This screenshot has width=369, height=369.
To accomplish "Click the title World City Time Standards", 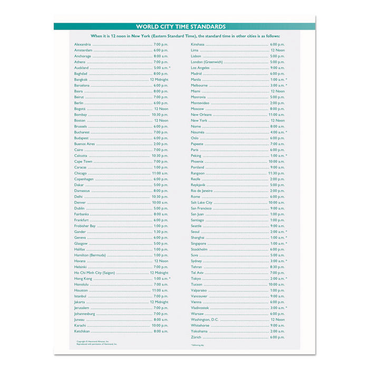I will [181, 26].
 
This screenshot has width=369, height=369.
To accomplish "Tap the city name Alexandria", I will [83, 44].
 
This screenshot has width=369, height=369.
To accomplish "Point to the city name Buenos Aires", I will [84, 144].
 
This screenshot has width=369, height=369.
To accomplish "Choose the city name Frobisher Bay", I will [85, 226].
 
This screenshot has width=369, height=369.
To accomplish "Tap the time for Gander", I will [161, 232].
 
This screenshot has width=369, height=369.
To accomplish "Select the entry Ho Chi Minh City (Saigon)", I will [94, 273].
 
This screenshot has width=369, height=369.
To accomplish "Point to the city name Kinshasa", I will [198, 44].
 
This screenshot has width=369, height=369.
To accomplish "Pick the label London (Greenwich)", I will [207, 62].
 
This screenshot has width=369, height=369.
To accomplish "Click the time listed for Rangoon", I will [276, 173].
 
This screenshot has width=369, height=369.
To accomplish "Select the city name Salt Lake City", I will [201, 202].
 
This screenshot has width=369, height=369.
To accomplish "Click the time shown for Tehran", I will [277, 267].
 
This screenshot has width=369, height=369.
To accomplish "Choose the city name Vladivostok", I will [200, 308].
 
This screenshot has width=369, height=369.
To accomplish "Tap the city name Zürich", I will [196, 337].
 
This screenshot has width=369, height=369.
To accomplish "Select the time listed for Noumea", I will [277, 132].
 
